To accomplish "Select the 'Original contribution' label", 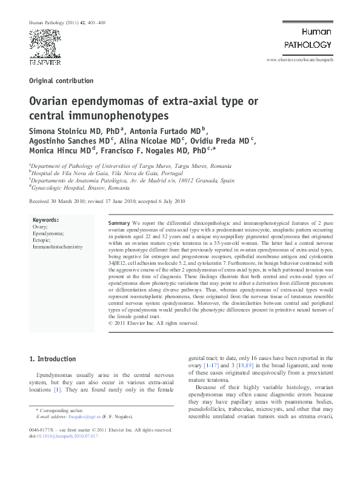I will (x=61, y=81).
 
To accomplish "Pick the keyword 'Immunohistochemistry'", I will (x=58, y=247).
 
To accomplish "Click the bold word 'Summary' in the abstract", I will (x=119, y=224).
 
